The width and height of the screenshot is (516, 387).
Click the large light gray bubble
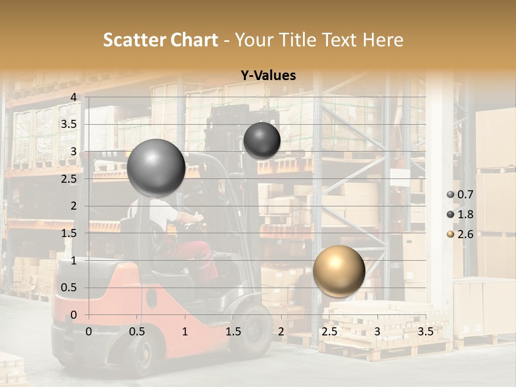pyautogui.click(x=156, y=168)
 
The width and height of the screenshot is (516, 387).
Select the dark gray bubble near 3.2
pyautogui.click(x=262, y=140)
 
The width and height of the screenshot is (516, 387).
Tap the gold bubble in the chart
pyautogui.click(x=339, y=271)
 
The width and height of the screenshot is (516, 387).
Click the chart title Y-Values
pyautogui.click(x=268, y=76)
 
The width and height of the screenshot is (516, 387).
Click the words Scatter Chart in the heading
pyautogui.click(x=160, y=40)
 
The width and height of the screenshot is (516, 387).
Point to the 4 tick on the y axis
pyautogui.click(x=74, y=97)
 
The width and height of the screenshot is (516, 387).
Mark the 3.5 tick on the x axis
pyautogui.click(x=425, y=332)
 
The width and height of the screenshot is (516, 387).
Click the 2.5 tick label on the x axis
pyautogui.click(x=329, y=332)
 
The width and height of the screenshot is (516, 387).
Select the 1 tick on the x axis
pyautogui.click(x=185, y=332)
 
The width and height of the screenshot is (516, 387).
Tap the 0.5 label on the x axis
pyautogui.click(x=137, y=332)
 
